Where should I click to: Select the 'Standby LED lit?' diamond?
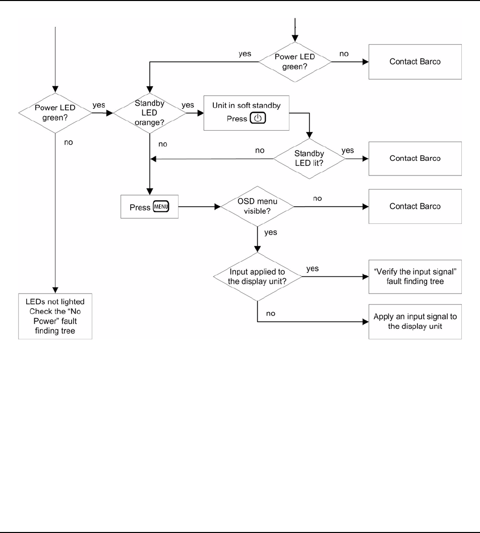click(x=309, y=158)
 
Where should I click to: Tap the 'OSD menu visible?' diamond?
click(x=258, y=206)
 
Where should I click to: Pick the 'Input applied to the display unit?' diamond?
click(x=258, y=277)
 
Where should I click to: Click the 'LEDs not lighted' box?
click(x=55, y=316)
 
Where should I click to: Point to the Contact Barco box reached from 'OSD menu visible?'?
click(x=415, y=206)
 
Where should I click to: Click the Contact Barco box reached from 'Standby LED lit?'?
click(x=415, y=158)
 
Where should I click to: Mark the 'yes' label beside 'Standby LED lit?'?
click(x=348, y=150)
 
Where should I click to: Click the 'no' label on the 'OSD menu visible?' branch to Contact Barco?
click(x=318, y=199)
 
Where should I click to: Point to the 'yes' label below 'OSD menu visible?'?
click(x=271, y=233)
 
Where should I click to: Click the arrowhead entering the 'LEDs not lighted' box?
click(x=55, y=289)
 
